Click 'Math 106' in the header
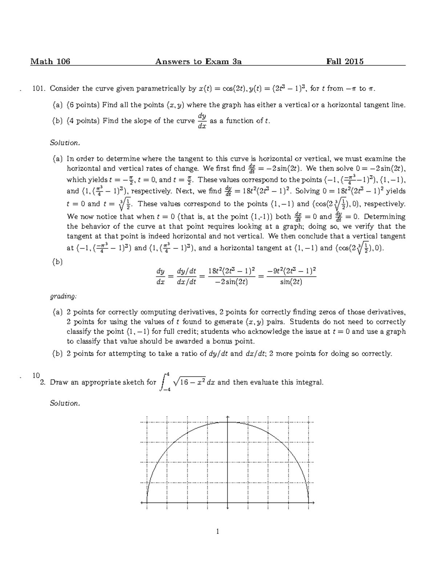pos(50,61)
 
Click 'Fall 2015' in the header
pos(345,61)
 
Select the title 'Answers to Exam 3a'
pos(198,61)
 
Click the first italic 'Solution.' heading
pos(64,143)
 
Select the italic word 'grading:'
pos(63,296)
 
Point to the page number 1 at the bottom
pos(218,532)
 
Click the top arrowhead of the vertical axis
pos(228,417)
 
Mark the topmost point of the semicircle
pos(228,422)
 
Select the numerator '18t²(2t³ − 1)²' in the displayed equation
pos(231,271)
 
